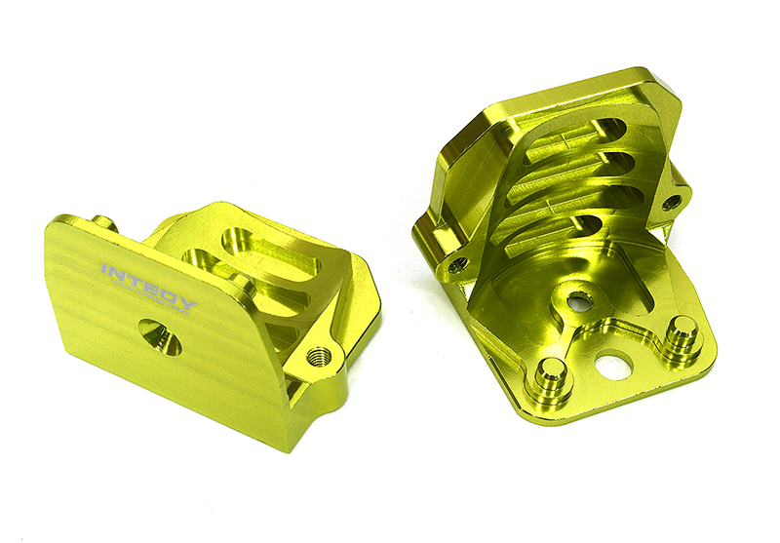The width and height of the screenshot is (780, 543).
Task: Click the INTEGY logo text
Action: click(x=148, y=285)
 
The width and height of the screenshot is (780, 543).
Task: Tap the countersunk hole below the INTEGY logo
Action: click(x=158, y=337)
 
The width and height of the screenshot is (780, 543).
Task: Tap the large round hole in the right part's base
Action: click(x=616, y=367)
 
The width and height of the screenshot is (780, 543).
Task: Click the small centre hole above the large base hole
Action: click(x=579, y=300)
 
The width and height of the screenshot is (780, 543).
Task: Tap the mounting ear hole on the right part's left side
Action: click(x=457, y=264)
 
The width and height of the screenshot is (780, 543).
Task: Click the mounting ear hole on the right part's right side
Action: click(x=672, y=203)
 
